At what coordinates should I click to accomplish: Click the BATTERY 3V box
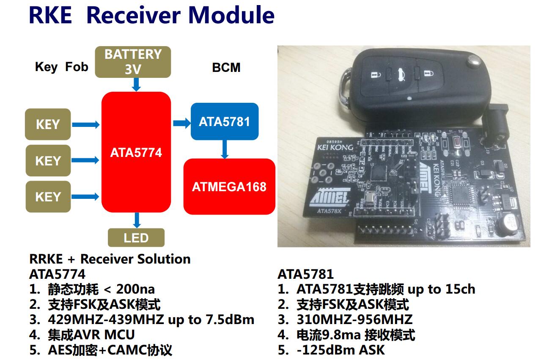click(133, 62)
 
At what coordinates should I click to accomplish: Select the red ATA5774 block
click(136, 152)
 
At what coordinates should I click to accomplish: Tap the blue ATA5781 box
click(224, 122)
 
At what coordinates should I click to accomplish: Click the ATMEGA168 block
click(229, 187)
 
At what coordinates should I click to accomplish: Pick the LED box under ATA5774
click(136, 238)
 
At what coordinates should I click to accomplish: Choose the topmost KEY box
click(48, 124)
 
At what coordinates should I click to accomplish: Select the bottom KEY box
click(48, 197)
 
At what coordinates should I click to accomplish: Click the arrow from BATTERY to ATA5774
click(136, 85)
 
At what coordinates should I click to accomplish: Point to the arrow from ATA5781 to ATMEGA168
click(225, 149)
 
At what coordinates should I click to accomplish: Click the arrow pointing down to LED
click(136, 220)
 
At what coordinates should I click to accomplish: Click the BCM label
click(226, 68)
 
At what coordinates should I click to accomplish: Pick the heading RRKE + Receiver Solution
click(110, 259)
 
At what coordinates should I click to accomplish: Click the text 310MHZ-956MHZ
click(354, 319)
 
